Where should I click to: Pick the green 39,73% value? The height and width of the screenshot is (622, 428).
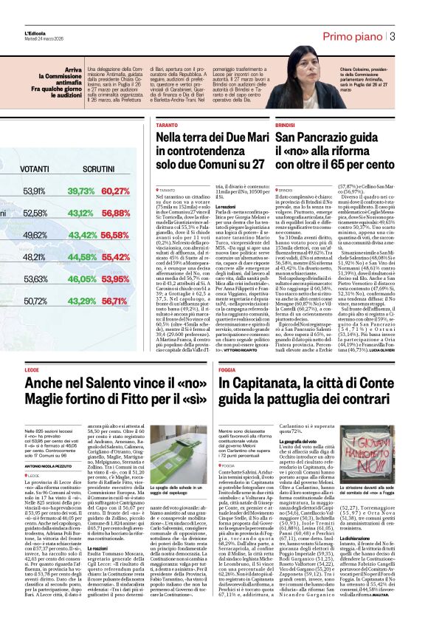click(81, 191)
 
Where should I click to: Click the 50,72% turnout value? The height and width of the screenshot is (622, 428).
click(34, 301)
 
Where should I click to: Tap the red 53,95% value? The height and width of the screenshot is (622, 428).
click(116, 279)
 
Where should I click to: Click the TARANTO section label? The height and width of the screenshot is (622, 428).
click(166, 126)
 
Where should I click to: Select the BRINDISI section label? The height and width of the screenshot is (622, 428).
click(285, 126)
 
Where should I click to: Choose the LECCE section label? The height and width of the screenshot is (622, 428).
click(32, 369)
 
